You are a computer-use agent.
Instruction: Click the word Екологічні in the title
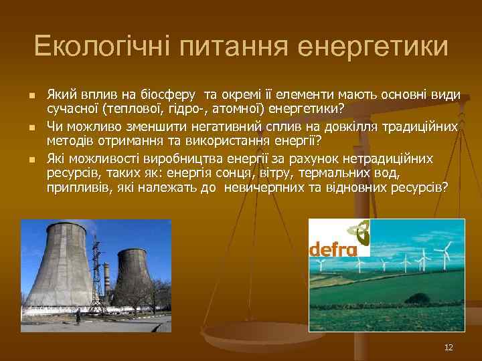click(x=102, y=46)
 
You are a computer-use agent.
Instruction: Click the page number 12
click(x=449, y=347)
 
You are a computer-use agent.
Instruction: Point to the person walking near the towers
click(x=78, y=316)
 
